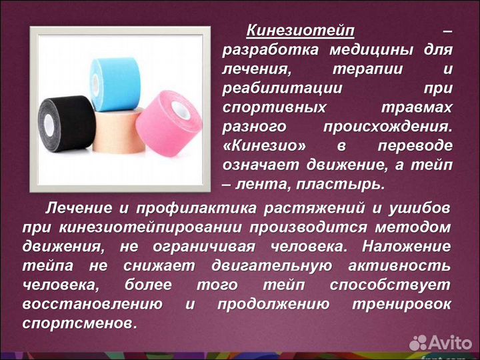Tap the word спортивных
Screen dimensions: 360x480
275,107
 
